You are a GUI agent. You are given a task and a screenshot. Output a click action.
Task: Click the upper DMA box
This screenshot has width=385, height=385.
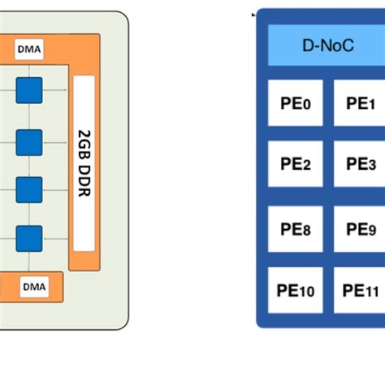coord(29,50)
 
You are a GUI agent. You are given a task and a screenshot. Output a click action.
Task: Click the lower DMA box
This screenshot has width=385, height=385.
coord(34,287)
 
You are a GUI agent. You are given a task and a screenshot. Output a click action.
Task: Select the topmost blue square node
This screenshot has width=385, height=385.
coord(28,89)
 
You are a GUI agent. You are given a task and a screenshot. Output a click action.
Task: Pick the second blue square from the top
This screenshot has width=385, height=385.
coord(28,141)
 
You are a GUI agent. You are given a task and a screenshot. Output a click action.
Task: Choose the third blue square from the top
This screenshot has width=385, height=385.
coord(28,189)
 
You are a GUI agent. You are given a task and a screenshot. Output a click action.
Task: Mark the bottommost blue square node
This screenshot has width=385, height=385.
coord(28,238)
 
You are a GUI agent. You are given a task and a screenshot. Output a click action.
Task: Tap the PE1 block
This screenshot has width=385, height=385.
coord(360,103)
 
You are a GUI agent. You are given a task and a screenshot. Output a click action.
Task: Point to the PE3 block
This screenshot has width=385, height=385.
coord(360,165)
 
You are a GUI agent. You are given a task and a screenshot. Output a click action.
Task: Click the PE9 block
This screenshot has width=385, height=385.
coord(360,230)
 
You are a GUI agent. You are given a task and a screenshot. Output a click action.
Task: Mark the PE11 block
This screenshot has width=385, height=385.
coord(360,291)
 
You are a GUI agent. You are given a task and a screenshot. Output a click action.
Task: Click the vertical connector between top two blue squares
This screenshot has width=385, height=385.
coord(28,115)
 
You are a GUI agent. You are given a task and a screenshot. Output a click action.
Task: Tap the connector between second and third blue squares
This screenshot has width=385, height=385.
coord(28,166)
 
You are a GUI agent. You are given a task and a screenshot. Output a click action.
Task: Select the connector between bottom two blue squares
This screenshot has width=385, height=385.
coord(28,214)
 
